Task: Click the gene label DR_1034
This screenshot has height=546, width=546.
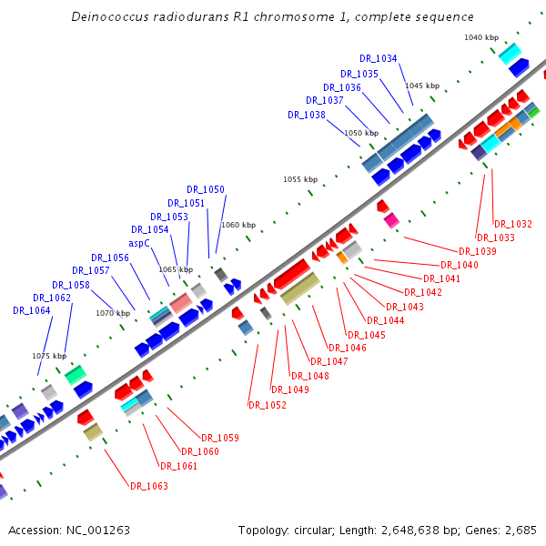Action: (379, 58)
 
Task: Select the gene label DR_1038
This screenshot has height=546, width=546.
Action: (307, 115)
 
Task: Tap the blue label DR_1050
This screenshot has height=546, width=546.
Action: (206, 189)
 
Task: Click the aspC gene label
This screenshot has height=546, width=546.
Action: (139, 243)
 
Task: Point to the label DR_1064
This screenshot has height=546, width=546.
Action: (32, 310)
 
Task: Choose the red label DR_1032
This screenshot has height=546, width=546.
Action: (513, 224)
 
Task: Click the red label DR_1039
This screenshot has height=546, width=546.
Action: (478, 251)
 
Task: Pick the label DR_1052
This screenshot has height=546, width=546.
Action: (268, 405)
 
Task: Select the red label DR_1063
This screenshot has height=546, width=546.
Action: (149, 486)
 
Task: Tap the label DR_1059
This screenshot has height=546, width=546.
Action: (220, 438)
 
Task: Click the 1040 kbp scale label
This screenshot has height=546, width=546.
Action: (481, 37)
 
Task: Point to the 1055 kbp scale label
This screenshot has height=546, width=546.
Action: (300, 179)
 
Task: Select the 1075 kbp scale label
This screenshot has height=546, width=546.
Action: (49, 356)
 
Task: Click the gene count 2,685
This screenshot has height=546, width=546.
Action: (519, 530)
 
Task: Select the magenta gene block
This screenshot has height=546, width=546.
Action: (391, 220)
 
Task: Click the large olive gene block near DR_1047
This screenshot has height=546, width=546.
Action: (299, 288)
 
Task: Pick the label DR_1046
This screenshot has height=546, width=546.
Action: (348, 348)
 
